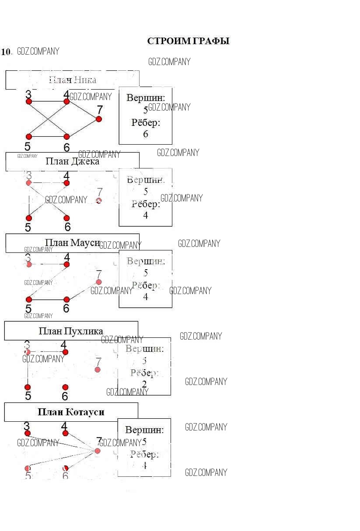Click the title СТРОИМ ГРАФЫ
(x=188, y=41)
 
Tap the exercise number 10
(x=6, y=52)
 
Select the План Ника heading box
(x=72, y=80)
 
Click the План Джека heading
(x=72, y=161)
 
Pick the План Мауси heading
(x=72, y=243)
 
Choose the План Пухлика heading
(x=71, y=331)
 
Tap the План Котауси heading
(x=71, y=412)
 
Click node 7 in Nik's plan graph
(x=99, y=119)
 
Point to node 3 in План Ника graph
(x=29, y=101)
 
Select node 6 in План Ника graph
(x=66, y=137)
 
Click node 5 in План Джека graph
(x=29, y=218)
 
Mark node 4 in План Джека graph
(x=66, y=183)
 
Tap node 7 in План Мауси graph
(x=99, y=282)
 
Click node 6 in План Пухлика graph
(x=65, y=387)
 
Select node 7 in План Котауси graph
(x=98, y=451)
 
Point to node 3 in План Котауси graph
(x=28, y=434)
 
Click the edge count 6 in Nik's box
(x=146, y=134)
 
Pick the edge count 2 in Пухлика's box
(x=144, y=384)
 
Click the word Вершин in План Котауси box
(x=144, y=430)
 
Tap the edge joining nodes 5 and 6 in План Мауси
(x=48, y=299)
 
